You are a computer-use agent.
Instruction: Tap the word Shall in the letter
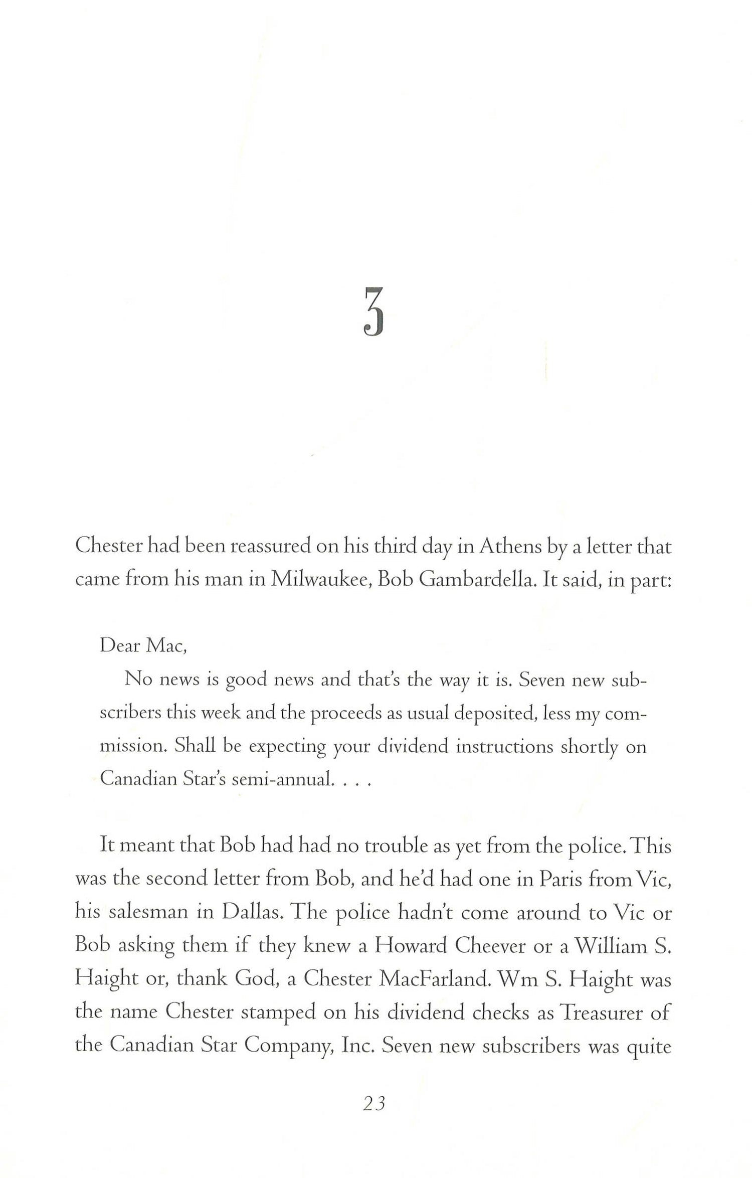click(x=195, y=746)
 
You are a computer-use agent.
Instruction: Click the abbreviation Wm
click(x=516, y=979)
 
